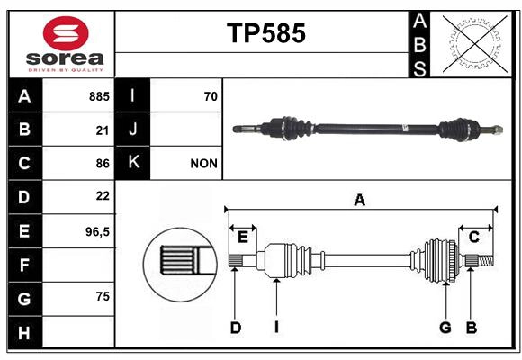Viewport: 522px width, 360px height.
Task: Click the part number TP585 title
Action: pos(265,33)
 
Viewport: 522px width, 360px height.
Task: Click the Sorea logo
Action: pos(66,45)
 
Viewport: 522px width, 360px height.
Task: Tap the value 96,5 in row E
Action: pos(97,231)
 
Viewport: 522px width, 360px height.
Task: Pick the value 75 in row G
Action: pos(102,297)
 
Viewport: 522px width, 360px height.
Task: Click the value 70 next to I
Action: pos(211,95)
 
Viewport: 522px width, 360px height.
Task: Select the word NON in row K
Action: pos(203,164)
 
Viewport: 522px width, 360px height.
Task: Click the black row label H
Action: pos(24,332)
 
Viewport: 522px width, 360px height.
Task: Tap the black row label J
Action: pos(133,130)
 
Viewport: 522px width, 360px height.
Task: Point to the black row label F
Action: pos(24,265)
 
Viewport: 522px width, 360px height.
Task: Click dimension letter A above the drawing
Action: pos(359,200)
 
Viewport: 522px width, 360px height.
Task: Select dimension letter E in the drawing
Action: pos(243,237)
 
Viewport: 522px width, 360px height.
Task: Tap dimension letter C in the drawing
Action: pos(473,237)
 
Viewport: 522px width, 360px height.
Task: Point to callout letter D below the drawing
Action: pos(235,328)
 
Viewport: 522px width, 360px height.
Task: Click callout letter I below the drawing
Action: pos(277,328)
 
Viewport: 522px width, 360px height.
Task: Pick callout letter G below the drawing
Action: pos(445,328)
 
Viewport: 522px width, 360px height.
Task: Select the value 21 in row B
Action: pos(103,130)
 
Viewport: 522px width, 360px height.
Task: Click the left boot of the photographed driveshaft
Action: pos(292,129)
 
